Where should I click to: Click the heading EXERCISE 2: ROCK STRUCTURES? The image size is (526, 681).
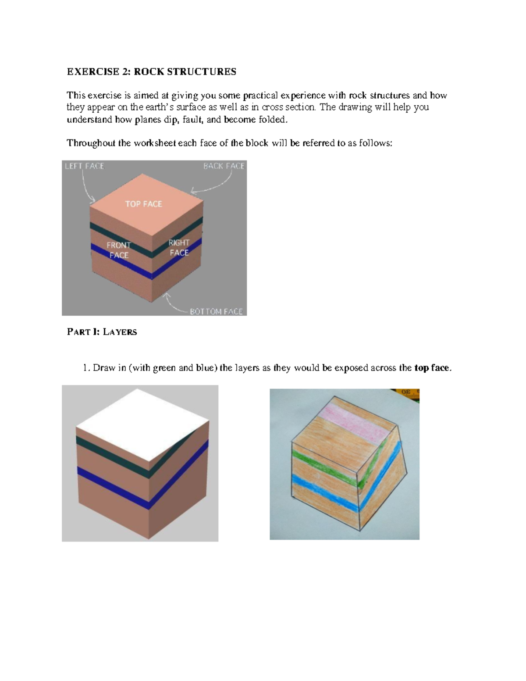point(151,72)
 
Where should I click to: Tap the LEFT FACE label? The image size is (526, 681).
point(85,166)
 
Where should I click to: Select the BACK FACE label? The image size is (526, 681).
point(224,166)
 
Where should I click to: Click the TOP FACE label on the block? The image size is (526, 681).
point(143,204)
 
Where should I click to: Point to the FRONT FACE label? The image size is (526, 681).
point(119,250)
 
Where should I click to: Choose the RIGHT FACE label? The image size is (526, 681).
point(179,248)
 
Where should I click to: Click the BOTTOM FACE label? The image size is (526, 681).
point(216,311)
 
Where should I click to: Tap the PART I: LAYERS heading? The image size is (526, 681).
point(102,332)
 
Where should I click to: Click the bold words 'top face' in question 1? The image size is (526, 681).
point(432,368)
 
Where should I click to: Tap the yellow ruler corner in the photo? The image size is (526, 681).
point(410,393)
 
